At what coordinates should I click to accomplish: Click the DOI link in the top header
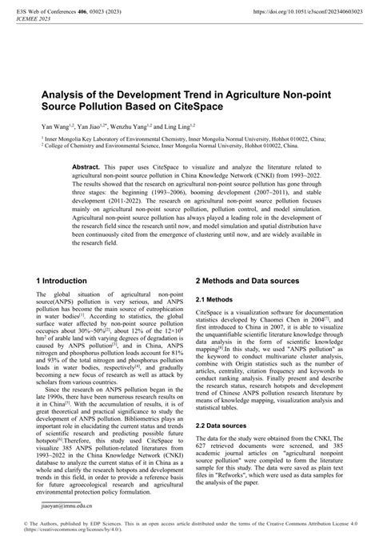coord(305,13)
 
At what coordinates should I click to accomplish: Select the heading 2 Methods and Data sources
coord(247,282)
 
